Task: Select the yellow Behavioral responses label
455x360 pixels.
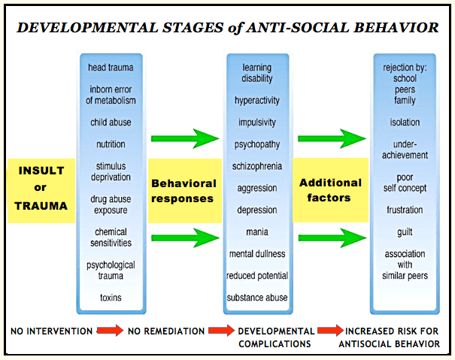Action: click(x=184, y=190)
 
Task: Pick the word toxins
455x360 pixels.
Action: click(x=111, y=298)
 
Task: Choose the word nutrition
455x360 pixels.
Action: click(x=111, y=144)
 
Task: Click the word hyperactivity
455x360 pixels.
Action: click(x=257, y=99)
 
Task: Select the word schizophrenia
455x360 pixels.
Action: click(x=257, y=166)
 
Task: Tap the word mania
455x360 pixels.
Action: click(x=257, y=232)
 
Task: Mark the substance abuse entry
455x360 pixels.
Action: click(x=257, y=298)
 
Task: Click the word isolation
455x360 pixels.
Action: click(x=405, y=122)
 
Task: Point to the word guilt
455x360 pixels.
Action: click(x=405, y=233)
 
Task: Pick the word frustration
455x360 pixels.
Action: click(x=405, y=210)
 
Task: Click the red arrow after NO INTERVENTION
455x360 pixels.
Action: click(x=110, y=331)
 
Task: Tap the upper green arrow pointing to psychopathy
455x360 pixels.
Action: click(x=184, y=138)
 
